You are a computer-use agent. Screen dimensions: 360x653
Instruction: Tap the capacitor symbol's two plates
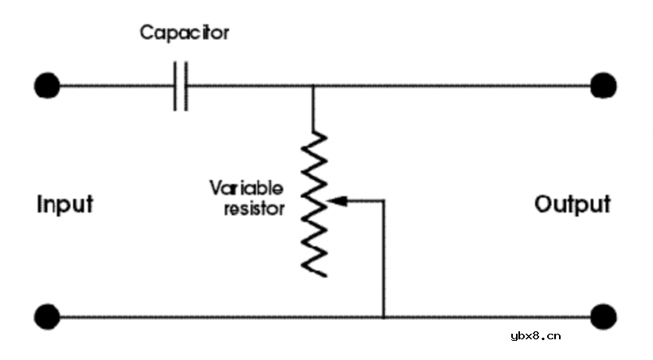(x=181, y=85)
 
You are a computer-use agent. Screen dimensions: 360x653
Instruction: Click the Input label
(x=65, y=205)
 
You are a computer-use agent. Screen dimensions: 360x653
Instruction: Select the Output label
(x=573, y=204)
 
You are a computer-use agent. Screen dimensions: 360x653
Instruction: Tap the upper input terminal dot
(x=47, y=84)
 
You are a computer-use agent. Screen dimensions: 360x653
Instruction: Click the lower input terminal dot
(x=47, y=316)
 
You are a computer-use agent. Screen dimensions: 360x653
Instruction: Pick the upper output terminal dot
(x=604, y=84)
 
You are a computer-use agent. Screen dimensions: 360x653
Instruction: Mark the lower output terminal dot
(x=604, y=316)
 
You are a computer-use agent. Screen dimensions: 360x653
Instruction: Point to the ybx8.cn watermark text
(x=534, y=335)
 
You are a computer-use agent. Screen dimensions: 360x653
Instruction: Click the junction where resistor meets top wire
(x=313, y=85)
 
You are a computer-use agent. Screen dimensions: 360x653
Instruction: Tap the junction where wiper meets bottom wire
(x=384, y=316)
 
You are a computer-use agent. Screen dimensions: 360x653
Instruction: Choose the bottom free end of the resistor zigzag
(x=325, y=276)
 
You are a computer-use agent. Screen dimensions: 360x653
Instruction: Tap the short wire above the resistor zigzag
(x=313, y=108)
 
